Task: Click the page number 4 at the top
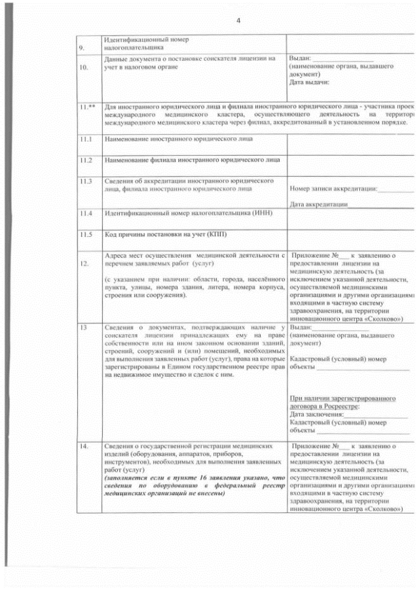pos(238,20)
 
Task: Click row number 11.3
pos(84,181)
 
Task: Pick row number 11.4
pos(84,213)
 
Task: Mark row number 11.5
pos(84,234)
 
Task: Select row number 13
pos(83,326)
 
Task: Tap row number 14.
pos(83,447)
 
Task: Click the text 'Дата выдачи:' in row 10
pos(309,82)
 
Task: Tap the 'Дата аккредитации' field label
pos(318,205)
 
